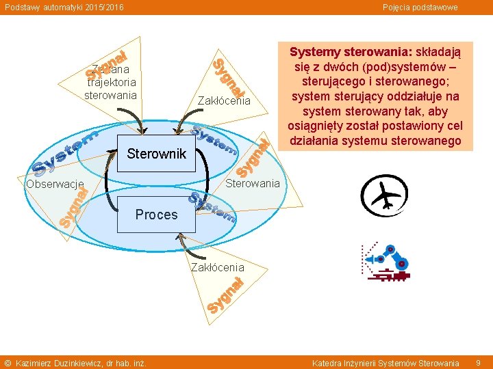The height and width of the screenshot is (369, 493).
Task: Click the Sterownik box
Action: [x=157, y=154]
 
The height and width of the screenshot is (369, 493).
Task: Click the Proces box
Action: [x=156, y=215]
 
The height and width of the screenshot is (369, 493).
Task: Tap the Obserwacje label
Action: [x=55, y=184]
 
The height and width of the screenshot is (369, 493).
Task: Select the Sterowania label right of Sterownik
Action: [x=253, y=183]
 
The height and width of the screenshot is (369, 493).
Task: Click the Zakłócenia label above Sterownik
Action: [x=224, y=101]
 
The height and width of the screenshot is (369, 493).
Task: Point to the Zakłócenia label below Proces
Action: [x=217, y=266]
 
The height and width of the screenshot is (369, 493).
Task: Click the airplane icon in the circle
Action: [x=385, y=197]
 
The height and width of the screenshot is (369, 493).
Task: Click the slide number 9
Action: [x=479, y=362]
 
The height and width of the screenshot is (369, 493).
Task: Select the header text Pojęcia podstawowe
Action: [x=420, y=7]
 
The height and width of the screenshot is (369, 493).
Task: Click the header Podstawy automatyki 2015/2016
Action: [x=64, y=7]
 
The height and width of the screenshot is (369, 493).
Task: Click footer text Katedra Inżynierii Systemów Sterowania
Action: [x=385, y=363]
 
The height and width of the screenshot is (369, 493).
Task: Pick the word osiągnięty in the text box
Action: [x=318, y=126]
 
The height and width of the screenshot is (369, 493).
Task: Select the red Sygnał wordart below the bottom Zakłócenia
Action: [x=226, y=296]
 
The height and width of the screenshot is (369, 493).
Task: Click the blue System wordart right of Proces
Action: [x=213, y=208]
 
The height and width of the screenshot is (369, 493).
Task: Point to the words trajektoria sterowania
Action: [x=110, y=88]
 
